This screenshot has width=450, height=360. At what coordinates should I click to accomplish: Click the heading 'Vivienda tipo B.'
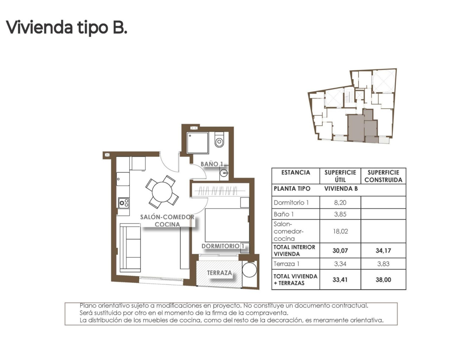click(x=66, y=27)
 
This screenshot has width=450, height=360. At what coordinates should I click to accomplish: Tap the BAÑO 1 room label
click(x=212, y=164)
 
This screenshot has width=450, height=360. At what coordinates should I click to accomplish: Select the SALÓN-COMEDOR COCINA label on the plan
click(x=167, y=221)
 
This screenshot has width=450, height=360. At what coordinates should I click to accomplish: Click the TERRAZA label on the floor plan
click(x=219, y=273)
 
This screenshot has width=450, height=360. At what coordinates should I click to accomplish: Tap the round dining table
click(x=162, y=192)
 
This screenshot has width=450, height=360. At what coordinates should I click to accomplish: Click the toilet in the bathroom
click(x=219, y=140)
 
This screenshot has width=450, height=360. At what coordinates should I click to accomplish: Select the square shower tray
click(x=198, y=143)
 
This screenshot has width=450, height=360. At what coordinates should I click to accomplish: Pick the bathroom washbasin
click(x=224, y=173)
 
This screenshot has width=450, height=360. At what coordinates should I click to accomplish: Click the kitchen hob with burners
click(x=124, y=203)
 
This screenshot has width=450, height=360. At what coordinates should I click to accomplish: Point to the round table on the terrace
click(x=250, y=270)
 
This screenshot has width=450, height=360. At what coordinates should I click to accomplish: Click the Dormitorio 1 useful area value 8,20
click(x=340, y=202)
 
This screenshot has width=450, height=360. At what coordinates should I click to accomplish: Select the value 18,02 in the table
click(x=340, y=231)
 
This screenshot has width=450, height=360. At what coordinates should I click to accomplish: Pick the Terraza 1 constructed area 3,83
click(x=383, y=264)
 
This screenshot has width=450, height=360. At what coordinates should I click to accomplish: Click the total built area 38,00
click(x=383, y=280)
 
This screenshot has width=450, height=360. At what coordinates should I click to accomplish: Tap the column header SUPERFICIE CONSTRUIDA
click(x=383, y=176)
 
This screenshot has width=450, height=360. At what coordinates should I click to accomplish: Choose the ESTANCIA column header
click(x=296, y=173)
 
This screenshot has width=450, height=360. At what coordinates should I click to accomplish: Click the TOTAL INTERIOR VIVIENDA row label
click(x=294, y=250)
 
